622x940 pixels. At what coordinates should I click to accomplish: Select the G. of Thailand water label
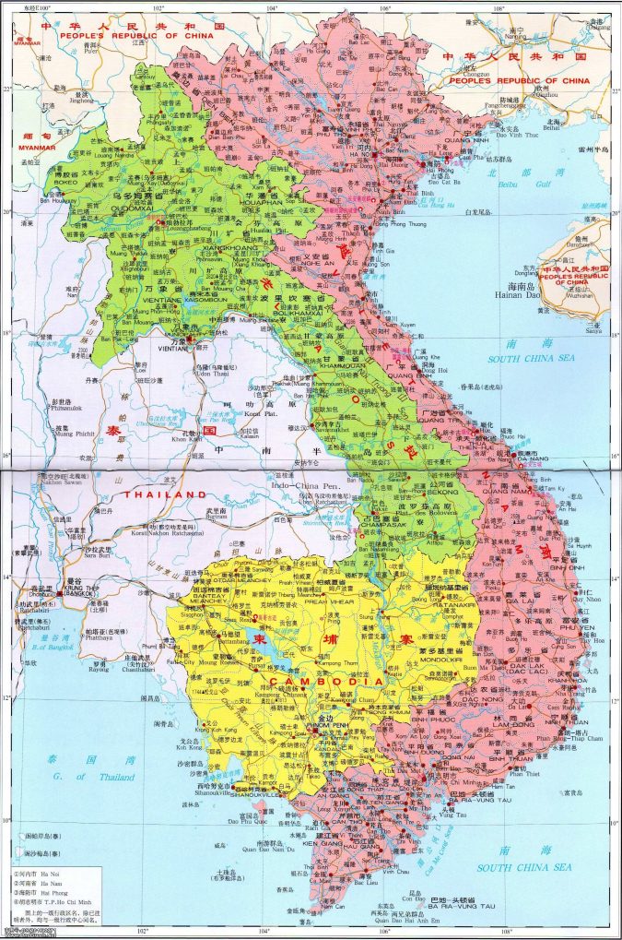[x=100, y=777]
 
